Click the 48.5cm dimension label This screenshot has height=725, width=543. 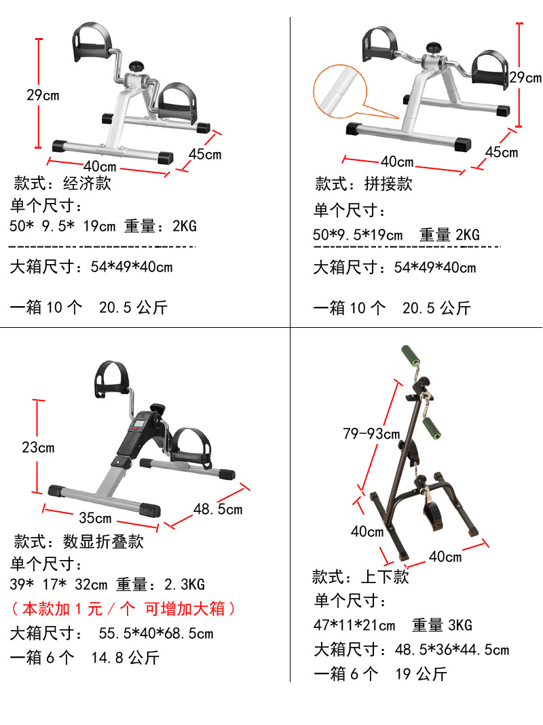coord(217,508)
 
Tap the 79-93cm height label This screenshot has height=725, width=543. coord(371,434)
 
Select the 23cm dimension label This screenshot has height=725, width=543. coord(38,447)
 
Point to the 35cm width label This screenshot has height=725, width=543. coord(95,518)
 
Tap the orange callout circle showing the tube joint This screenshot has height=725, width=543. coord(339,91)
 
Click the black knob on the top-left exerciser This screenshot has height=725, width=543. coord(138,67)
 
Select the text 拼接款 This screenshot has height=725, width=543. coord(388,184)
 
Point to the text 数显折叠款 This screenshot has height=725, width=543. coord(103,542)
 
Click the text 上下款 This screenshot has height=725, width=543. coord(385,577)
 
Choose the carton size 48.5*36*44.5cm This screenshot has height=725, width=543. coord(451,650)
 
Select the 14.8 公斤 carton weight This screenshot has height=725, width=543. coord(125,657)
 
